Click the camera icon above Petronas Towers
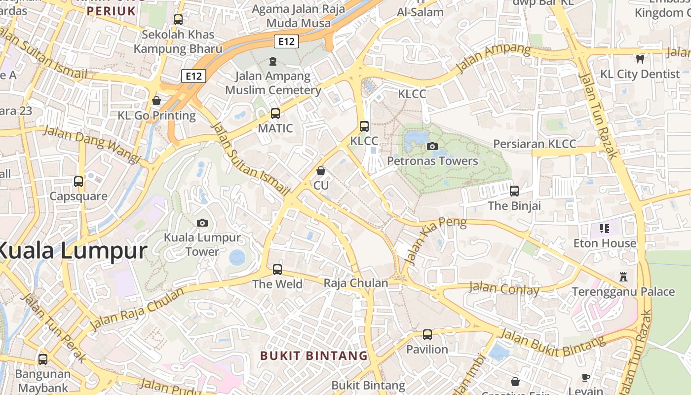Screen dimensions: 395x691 pos(432,146)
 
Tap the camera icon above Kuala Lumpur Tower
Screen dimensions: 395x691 pos(202,223)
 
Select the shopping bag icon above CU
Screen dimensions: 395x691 pos(321,171)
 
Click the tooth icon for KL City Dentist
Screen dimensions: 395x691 pos(640,59)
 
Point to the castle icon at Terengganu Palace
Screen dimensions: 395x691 pos(623,277)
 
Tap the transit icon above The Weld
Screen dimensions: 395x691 pos(277,270)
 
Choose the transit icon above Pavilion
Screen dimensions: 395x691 pos(427,335)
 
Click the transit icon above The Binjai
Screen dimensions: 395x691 pos(514,191)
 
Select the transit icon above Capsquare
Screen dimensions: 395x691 pos(78,182)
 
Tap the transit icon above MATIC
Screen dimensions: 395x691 pos(275,114)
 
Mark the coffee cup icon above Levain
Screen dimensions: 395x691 pos(586,378)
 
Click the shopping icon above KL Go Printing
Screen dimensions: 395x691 pos(156,101)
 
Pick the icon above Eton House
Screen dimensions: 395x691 pos(605,228)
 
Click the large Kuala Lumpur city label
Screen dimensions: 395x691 pos(72,251)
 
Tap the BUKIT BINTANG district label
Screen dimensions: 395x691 pos(314,355)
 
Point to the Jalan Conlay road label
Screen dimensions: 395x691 pos(504,288)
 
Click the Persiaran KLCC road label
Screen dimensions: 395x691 pos(535,144)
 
